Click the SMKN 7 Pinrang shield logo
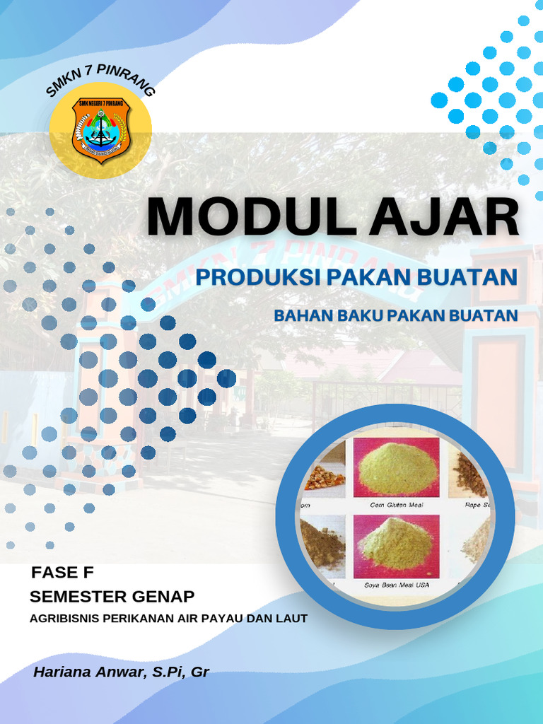coord(100,130)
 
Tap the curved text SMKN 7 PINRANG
coord(100,79)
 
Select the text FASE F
coord(62,572)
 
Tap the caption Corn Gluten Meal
coord(396,506)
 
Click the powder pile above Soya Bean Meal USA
coord(396,545)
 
